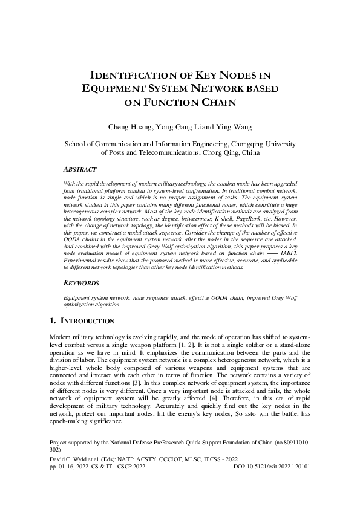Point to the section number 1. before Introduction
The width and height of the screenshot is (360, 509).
52,320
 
